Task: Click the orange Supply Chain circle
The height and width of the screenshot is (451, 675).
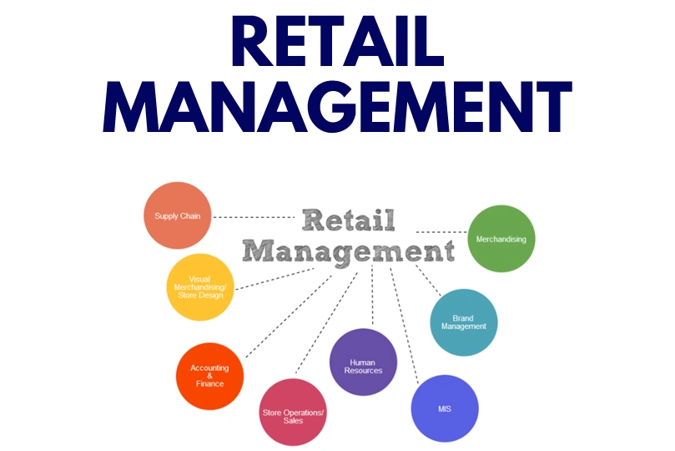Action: point(178,215)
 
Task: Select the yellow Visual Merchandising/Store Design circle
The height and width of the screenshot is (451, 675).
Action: point(200,287)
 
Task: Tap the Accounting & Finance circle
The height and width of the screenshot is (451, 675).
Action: point(210,376)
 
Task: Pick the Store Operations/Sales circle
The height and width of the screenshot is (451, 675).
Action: point(293,412)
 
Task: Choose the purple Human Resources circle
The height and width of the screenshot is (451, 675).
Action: point(363,362)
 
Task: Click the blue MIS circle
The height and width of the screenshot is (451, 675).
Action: point(446,408)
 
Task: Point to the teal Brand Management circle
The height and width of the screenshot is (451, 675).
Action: point(464,322)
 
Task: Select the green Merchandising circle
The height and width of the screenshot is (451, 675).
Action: point(501,239)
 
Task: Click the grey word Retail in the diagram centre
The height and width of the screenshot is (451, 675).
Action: point(348,221)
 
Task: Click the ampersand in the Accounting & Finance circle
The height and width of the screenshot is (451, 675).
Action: point(210,376)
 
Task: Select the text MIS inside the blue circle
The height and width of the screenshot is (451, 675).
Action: point(446,408)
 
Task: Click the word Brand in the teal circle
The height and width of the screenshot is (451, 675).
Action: point(463,318)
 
